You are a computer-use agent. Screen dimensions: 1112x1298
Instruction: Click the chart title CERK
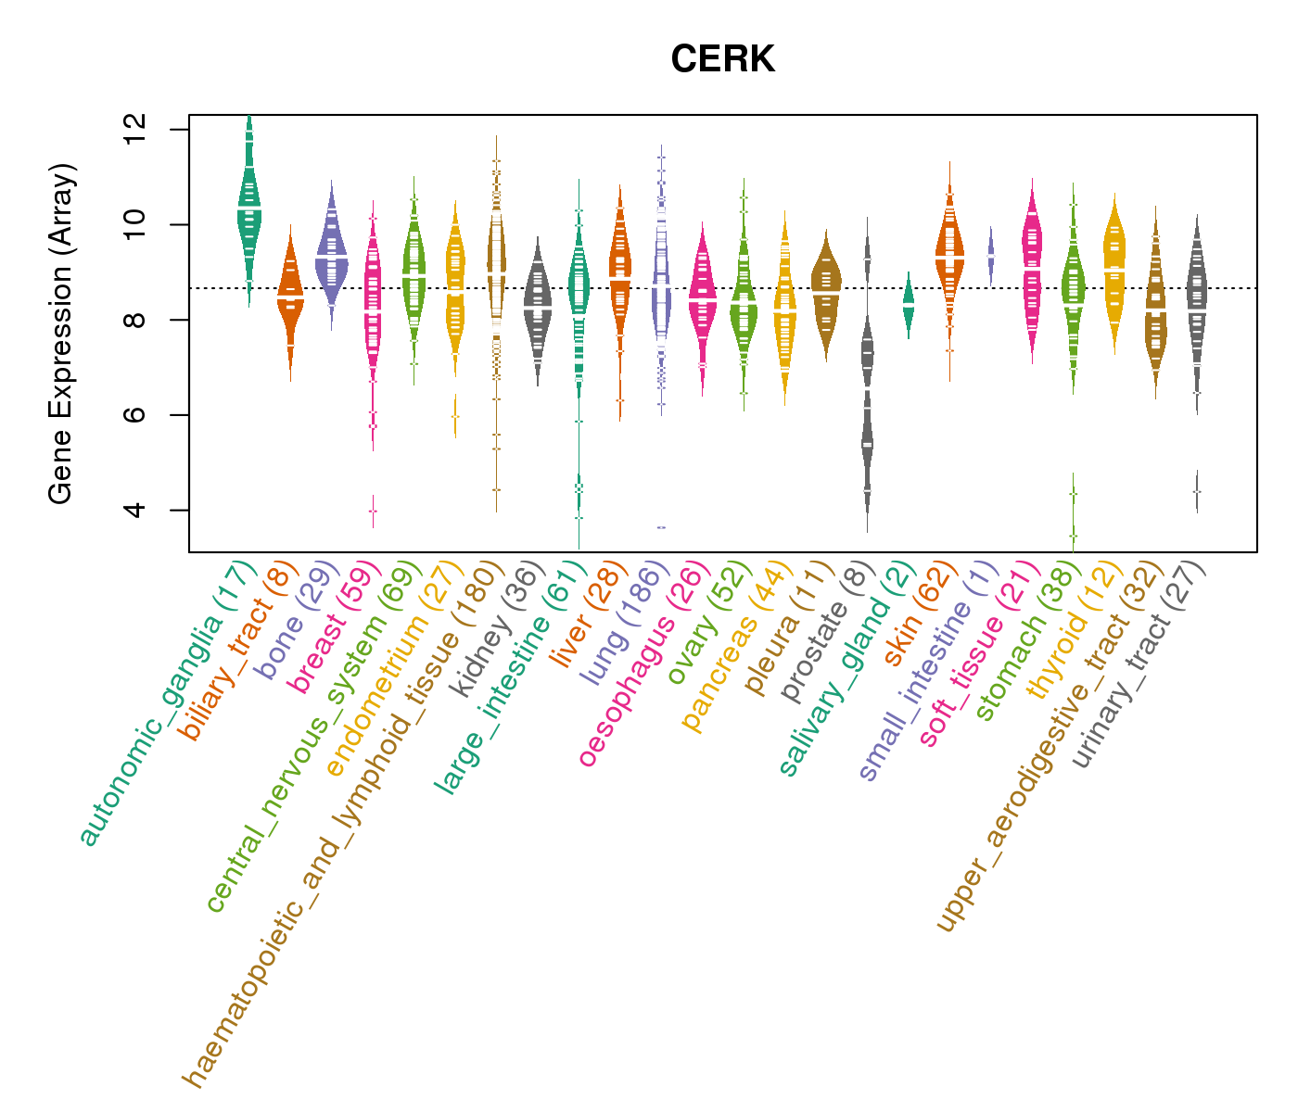pyautogui.click(x=722, y=60)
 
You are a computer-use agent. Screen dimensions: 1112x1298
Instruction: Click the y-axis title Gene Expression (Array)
pyautogui.click(x=61, y=334)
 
